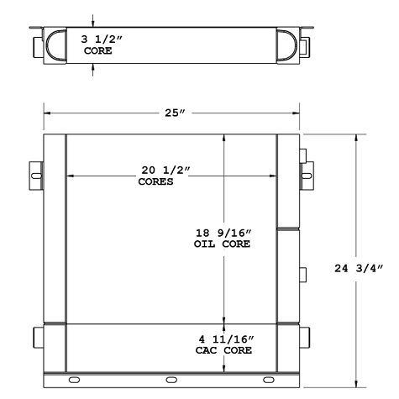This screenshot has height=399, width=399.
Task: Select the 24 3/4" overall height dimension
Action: [x=358, y=268]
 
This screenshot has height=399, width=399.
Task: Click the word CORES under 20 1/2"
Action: [x=155, y=181]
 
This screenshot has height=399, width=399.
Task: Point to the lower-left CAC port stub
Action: [x=39, y=339]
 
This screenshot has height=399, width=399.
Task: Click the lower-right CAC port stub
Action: [x=307, y=339]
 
